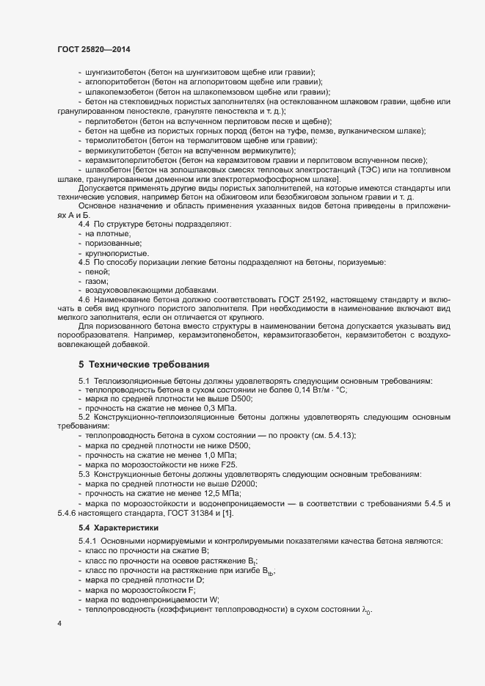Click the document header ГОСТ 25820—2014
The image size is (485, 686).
pos(95,49)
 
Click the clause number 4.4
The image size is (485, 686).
pos(84,222)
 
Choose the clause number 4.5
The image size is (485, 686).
pos(84,262)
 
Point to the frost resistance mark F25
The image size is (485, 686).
pos(229,464)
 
